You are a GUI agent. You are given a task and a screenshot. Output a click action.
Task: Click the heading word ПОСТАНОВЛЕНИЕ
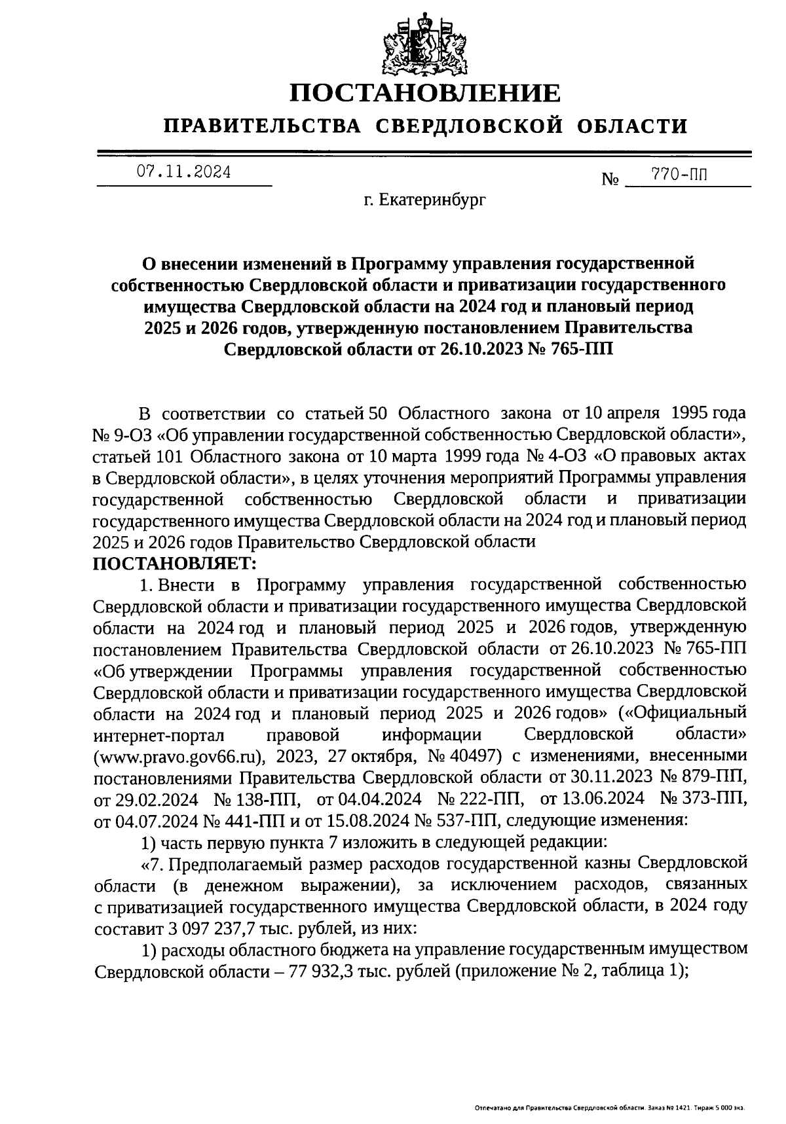[425, 93]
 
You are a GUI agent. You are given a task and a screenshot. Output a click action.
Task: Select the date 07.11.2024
[183, 172]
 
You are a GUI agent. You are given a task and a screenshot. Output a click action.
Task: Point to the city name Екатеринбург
[433, 200]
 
